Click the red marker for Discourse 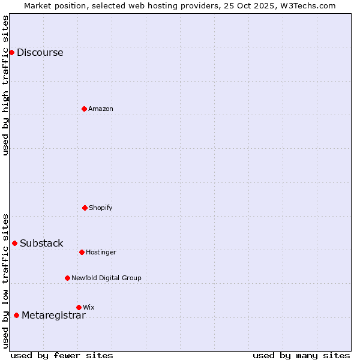11,52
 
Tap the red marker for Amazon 84,109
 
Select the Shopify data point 85,208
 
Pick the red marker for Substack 14,243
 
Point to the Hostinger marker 82,252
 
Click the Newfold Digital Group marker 67,278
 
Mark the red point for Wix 79,307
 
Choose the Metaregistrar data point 16,316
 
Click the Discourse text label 40,52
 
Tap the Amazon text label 101,109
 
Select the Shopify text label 101,208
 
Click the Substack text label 41,243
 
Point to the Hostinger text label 101,252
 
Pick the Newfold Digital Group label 106,278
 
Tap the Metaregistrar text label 53,316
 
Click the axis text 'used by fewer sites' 62,355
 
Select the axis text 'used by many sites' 301,355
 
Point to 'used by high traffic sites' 5,85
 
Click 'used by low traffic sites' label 5,281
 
